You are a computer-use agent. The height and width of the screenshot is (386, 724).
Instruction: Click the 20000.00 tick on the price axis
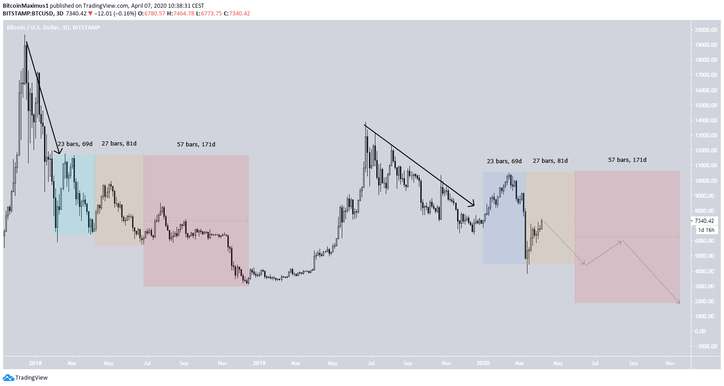click(705, 30)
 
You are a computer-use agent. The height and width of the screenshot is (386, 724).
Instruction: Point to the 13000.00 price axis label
click(705, 135)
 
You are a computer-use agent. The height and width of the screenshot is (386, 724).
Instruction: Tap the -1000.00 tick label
click(705, 346)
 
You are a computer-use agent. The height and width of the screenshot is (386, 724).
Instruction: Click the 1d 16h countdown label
click(706, 230)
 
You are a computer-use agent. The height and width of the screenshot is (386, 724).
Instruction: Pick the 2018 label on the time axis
click(35, 363)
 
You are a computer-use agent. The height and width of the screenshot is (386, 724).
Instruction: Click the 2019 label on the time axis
click(259, 363)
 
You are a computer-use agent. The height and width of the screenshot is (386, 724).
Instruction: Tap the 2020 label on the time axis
click(483, 363)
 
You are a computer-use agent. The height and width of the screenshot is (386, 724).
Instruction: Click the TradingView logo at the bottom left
click(25, 378)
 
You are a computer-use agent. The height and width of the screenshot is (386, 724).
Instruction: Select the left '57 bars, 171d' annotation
click(196, 145)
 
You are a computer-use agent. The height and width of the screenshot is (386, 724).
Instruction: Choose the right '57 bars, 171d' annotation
click(627, 160)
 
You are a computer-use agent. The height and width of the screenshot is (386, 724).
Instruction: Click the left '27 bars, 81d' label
click(119, 144)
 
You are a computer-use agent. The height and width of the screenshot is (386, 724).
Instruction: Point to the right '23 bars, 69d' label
click(504, 161)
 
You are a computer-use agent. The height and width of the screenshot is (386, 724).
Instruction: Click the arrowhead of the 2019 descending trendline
click(473, 205)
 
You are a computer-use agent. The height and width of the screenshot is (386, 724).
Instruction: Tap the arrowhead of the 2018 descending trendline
click(59, 152)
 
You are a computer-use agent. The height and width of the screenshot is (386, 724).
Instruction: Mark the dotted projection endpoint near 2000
click(679, 302)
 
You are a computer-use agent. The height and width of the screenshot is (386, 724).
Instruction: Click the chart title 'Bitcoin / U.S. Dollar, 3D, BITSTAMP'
click(54, 28)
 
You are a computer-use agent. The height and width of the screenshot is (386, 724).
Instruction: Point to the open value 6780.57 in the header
click(155, 14)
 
